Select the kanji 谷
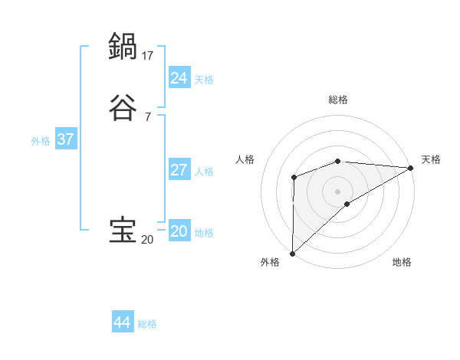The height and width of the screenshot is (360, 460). (x=123, y=108)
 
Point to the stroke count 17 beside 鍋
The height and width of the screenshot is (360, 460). (x=148, y=55)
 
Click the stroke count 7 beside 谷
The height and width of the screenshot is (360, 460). (x=147, y=117)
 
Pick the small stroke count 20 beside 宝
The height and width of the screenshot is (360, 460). (x=147, y=240)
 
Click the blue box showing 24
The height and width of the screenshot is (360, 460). (x=179, y=78)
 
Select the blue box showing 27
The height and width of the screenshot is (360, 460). (x=179, y=170)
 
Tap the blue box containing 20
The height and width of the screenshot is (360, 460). (x=179, y=231)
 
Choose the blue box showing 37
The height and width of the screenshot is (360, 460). (x=66, y=139)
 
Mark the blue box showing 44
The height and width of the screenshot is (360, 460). (x=123, y=322)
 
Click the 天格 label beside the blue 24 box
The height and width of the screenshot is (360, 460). (x=204, y=80)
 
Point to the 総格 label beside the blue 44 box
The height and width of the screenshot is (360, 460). (x=147, y=324)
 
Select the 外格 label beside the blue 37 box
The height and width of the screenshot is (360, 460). (x=41, y=141)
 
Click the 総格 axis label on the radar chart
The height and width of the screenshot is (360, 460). (x=338, y=100)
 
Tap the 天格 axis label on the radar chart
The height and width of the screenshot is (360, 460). (x=432, y=159)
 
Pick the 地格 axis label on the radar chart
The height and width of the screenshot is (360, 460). (x=402, y=262)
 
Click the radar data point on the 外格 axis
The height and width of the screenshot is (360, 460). (x=292, y=253)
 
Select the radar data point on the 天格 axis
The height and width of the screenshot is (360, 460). (x=411, y=168)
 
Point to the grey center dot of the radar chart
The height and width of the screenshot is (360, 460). (x=338, y=191)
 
